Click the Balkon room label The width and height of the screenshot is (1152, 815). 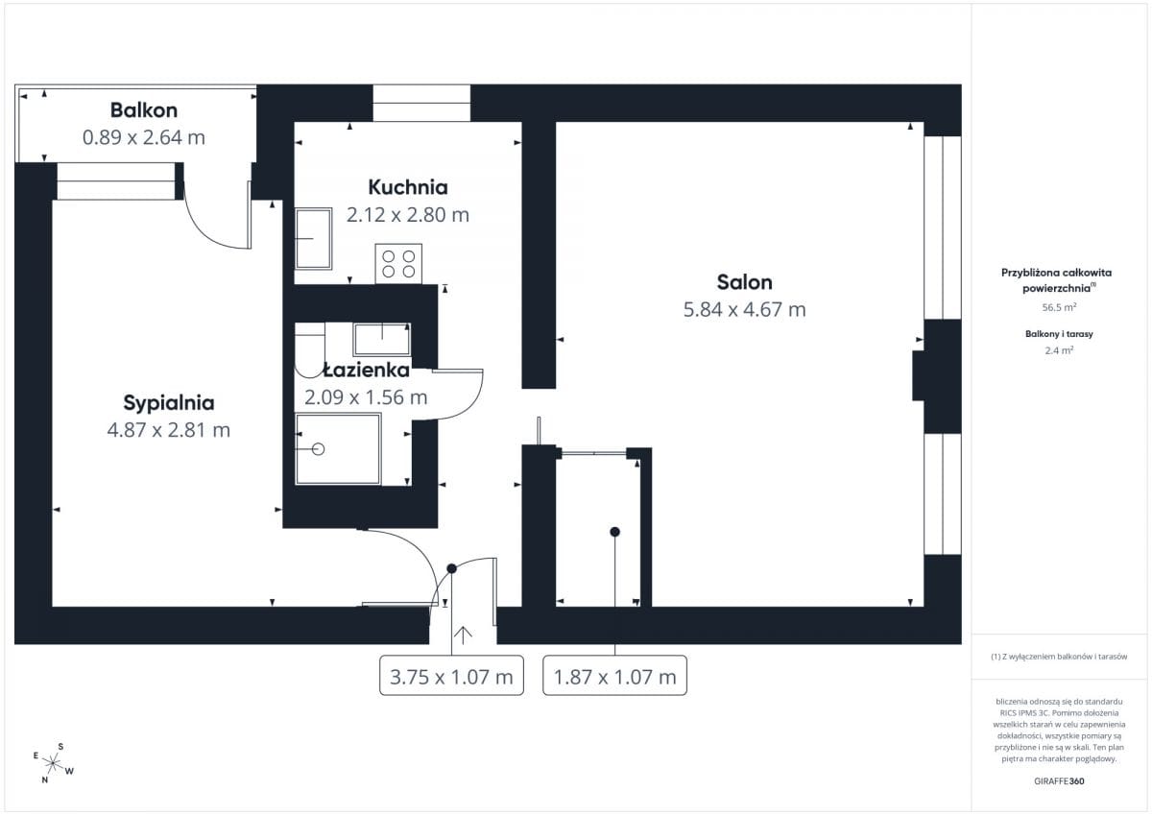[144, 110]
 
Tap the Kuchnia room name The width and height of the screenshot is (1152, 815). [408, 187]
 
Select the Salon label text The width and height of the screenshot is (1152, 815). [745, 282]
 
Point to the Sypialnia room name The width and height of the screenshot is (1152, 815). [169, 403]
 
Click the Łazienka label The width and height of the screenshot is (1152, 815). [367, 370]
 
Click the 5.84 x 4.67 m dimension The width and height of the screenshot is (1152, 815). [745, 309]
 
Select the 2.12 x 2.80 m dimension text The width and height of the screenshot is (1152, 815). [408, 215]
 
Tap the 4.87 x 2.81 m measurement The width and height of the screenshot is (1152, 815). [169, 430]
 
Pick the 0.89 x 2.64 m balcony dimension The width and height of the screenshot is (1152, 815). [144, 138]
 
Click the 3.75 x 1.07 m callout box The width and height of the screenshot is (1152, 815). [451, 676]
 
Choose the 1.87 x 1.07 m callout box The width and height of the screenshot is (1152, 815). [615, 676]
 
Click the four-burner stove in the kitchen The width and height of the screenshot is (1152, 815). [398, 264]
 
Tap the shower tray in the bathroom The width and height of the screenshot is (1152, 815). [338, 449]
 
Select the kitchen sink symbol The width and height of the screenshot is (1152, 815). [313, 239]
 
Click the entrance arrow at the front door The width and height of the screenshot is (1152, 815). [463, 635]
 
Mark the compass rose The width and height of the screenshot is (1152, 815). [53, 763]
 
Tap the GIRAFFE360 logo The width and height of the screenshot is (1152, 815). [1060, 781]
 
